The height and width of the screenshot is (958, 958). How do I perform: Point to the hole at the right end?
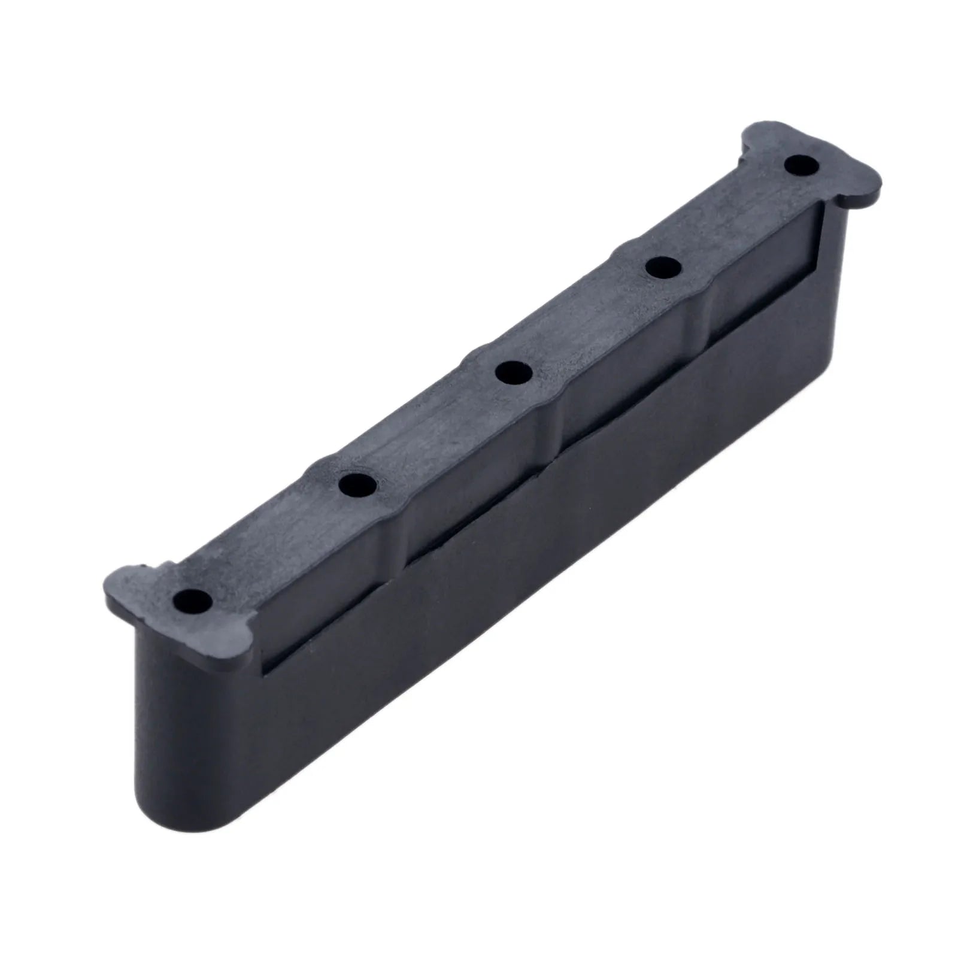(x=801, y=165)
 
